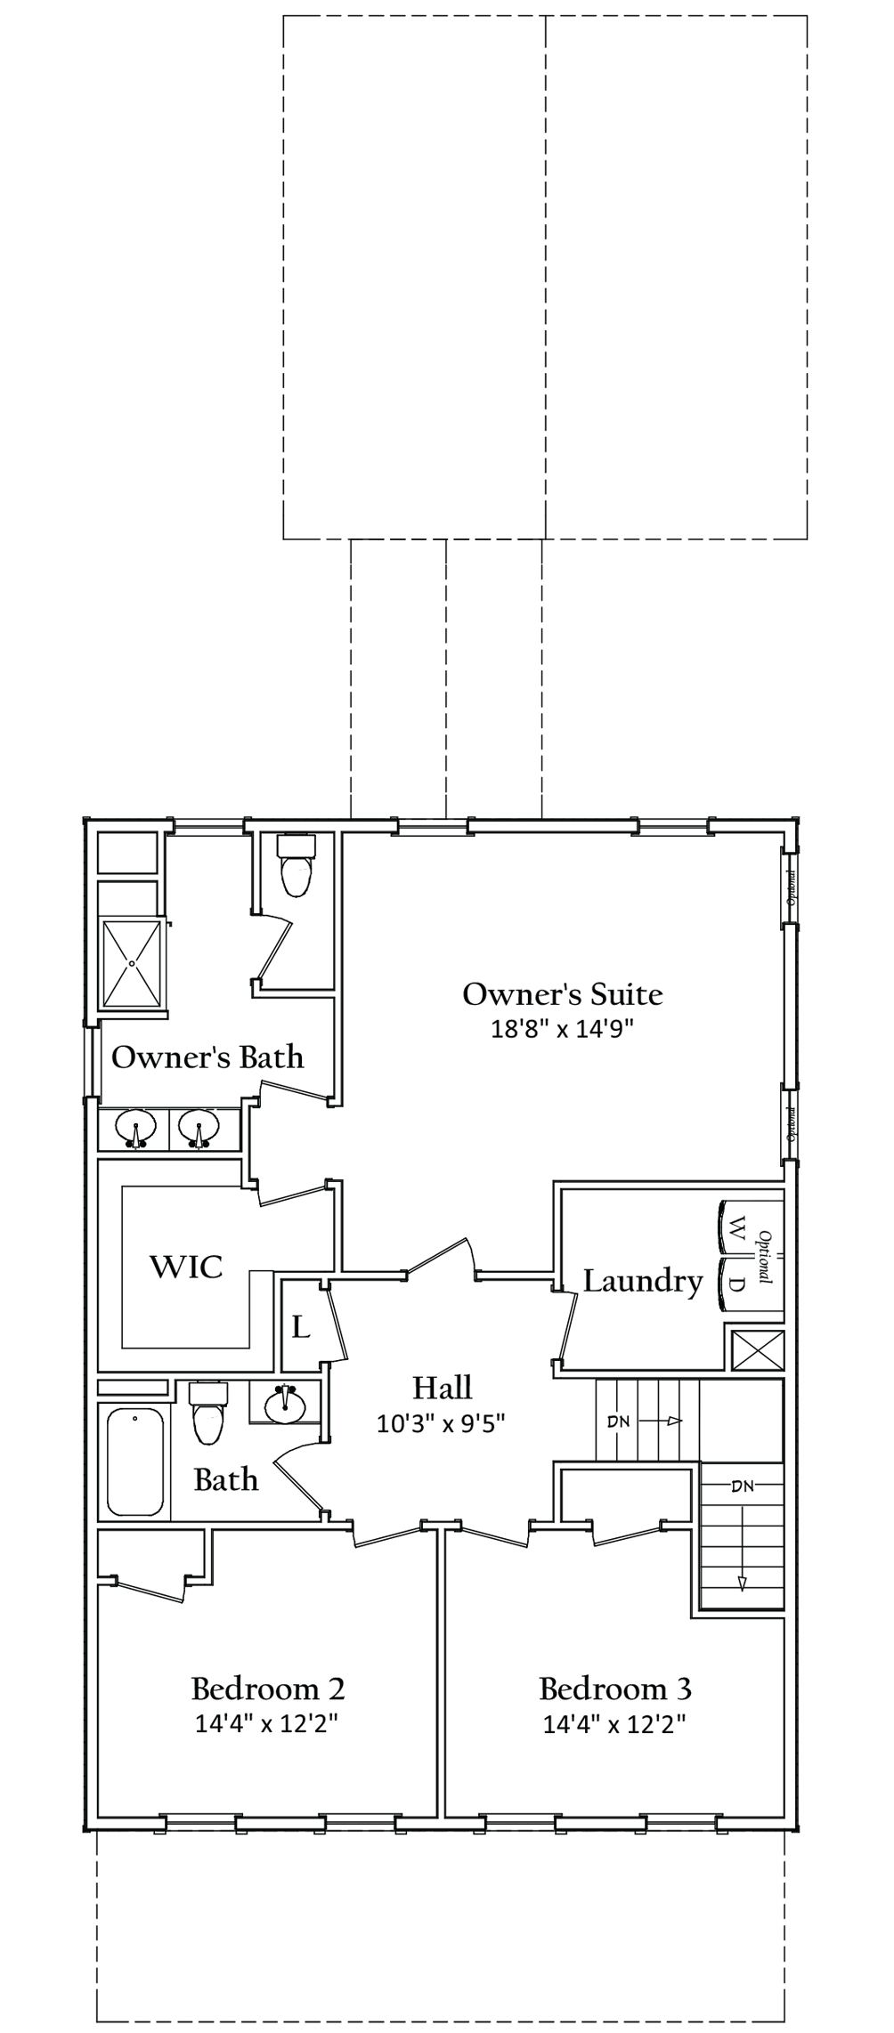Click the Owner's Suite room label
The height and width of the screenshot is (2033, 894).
coord(563,994)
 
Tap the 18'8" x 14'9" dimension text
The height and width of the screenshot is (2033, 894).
coord(563,1029)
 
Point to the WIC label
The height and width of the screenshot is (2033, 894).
coord(186,1267)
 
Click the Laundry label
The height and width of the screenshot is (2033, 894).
coord(643,1281)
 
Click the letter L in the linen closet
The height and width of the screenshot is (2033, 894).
coord(301,1328)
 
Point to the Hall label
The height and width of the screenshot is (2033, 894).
coord(442,1388)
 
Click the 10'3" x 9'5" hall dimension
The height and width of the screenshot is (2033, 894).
coord(442,1423)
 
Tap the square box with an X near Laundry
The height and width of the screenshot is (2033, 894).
coord(756,1349)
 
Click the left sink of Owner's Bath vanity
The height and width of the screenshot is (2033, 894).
coord(136,1130)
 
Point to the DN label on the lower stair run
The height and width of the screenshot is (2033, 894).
coord(742,1486)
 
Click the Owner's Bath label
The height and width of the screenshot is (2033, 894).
coord(207,1057)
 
